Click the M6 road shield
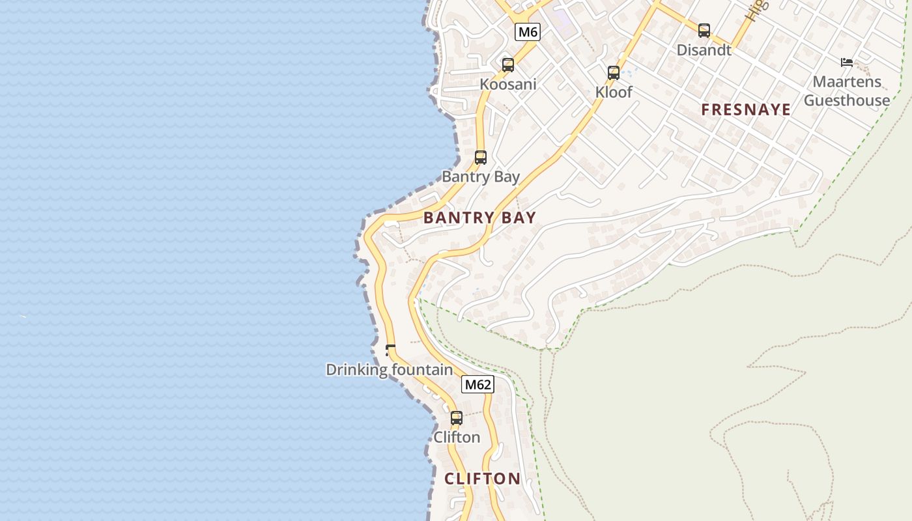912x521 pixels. click(528, 32)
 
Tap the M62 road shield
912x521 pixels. click(477, 385)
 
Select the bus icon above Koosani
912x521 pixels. click(508, 65)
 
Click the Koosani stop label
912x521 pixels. click(508, 84)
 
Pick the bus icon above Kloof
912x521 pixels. click(614, 73)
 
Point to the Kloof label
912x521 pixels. click(614, 92)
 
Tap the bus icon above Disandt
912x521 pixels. click(704, 31)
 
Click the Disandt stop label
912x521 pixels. click(704, 49)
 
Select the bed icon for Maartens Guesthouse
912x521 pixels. click(847, 63)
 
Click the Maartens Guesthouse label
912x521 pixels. click(847, 91)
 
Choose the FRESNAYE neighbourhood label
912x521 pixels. click(746, 109)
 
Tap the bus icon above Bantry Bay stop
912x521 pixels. click(481, 158)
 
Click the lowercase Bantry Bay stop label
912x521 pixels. click(481, 176)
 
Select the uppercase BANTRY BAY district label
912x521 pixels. click(479, 218)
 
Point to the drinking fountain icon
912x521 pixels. click(390, 350)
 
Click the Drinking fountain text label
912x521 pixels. click(389, 370)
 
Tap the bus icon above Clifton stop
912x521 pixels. click(457, 418)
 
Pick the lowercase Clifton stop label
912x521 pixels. click(457, 437)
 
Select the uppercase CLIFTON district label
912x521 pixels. click(482, 479)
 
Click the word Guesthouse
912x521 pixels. click(847, 100)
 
